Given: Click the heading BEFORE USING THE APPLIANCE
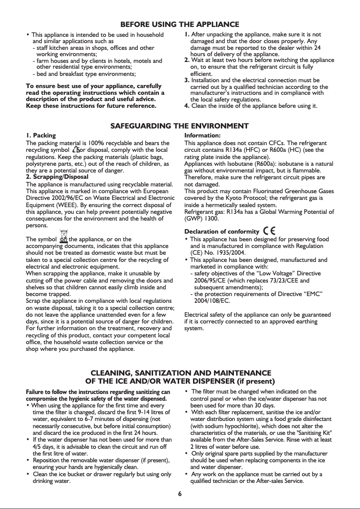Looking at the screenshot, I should coord(180,24).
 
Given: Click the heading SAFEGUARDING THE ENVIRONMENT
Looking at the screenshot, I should coord(180,126).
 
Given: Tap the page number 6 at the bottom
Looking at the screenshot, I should coord(180,494).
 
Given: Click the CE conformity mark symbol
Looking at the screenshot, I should coord(270,231).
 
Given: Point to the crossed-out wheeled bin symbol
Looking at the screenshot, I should coord(64,236).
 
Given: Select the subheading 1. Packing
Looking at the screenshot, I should coord(41,135).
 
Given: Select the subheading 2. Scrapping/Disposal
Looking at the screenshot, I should coord(57,177).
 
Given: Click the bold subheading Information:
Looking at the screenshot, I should coord(202,135).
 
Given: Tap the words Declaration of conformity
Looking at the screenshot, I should coord(222,232).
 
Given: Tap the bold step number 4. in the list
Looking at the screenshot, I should coord(188,106).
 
